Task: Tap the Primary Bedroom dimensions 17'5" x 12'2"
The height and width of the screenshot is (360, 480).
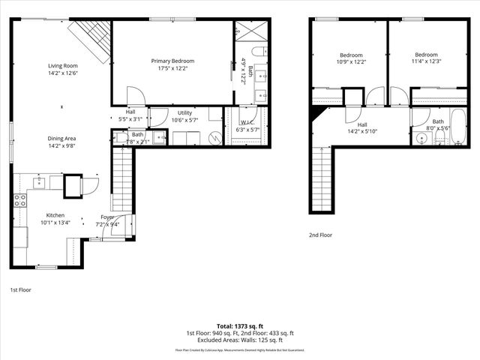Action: point(172,69)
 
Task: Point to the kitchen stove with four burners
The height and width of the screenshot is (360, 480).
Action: point(20,200)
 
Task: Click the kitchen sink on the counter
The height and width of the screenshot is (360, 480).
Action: point(39,182)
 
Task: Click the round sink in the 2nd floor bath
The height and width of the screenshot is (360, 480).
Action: point(418,139)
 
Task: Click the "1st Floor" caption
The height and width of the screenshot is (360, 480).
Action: point(21,289)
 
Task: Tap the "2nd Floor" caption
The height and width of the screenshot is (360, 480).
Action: point(320,235)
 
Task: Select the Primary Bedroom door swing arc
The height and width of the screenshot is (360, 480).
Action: point(135,96)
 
